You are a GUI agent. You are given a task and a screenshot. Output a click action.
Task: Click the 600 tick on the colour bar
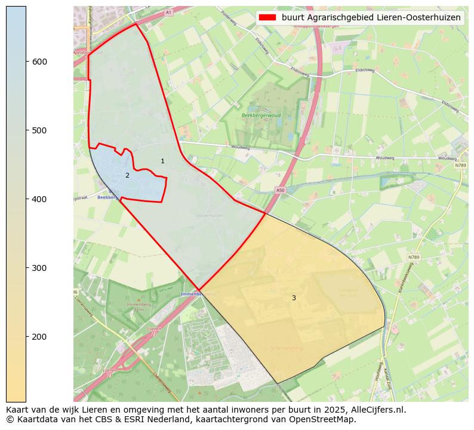click(x=26, y=62)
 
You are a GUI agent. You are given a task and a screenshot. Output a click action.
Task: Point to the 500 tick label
click(x=39, y=130)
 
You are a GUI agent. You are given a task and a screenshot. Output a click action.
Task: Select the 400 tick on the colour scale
click(x=26, y=199)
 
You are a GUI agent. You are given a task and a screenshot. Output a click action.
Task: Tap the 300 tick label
click(x=39, y=268)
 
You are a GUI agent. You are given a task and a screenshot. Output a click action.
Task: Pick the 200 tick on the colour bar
click(x=26, y=337)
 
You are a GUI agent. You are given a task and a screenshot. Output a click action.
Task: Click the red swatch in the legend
click(x=268, y=18)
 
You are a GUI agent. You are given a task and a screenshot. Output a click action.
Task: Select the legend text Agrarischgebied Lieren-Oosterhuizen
click(x=371, y=18)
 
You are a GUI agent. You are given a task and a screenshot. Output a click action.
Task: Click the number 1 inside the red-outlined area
click(x=162, y=161)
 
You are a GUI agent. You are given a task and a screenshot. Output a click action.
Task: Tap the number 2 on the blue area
click(x=127, y=175)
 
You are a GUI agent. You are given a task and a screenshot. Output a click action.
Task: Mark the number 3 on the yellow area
click(x=294, y=298)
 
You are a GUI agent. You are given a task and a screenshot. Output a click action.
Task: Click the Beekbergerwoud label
click(x=261, y=115)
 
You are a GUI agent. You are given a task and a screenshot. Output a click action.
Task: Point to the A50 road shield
click(x=280, y=190)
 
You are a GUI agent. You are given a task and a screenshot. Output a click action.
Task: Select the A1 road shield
click(x=168, y=12)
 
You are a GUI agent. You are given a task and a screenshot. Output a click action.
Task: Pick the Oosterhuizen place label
click(x=209, y=215)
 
